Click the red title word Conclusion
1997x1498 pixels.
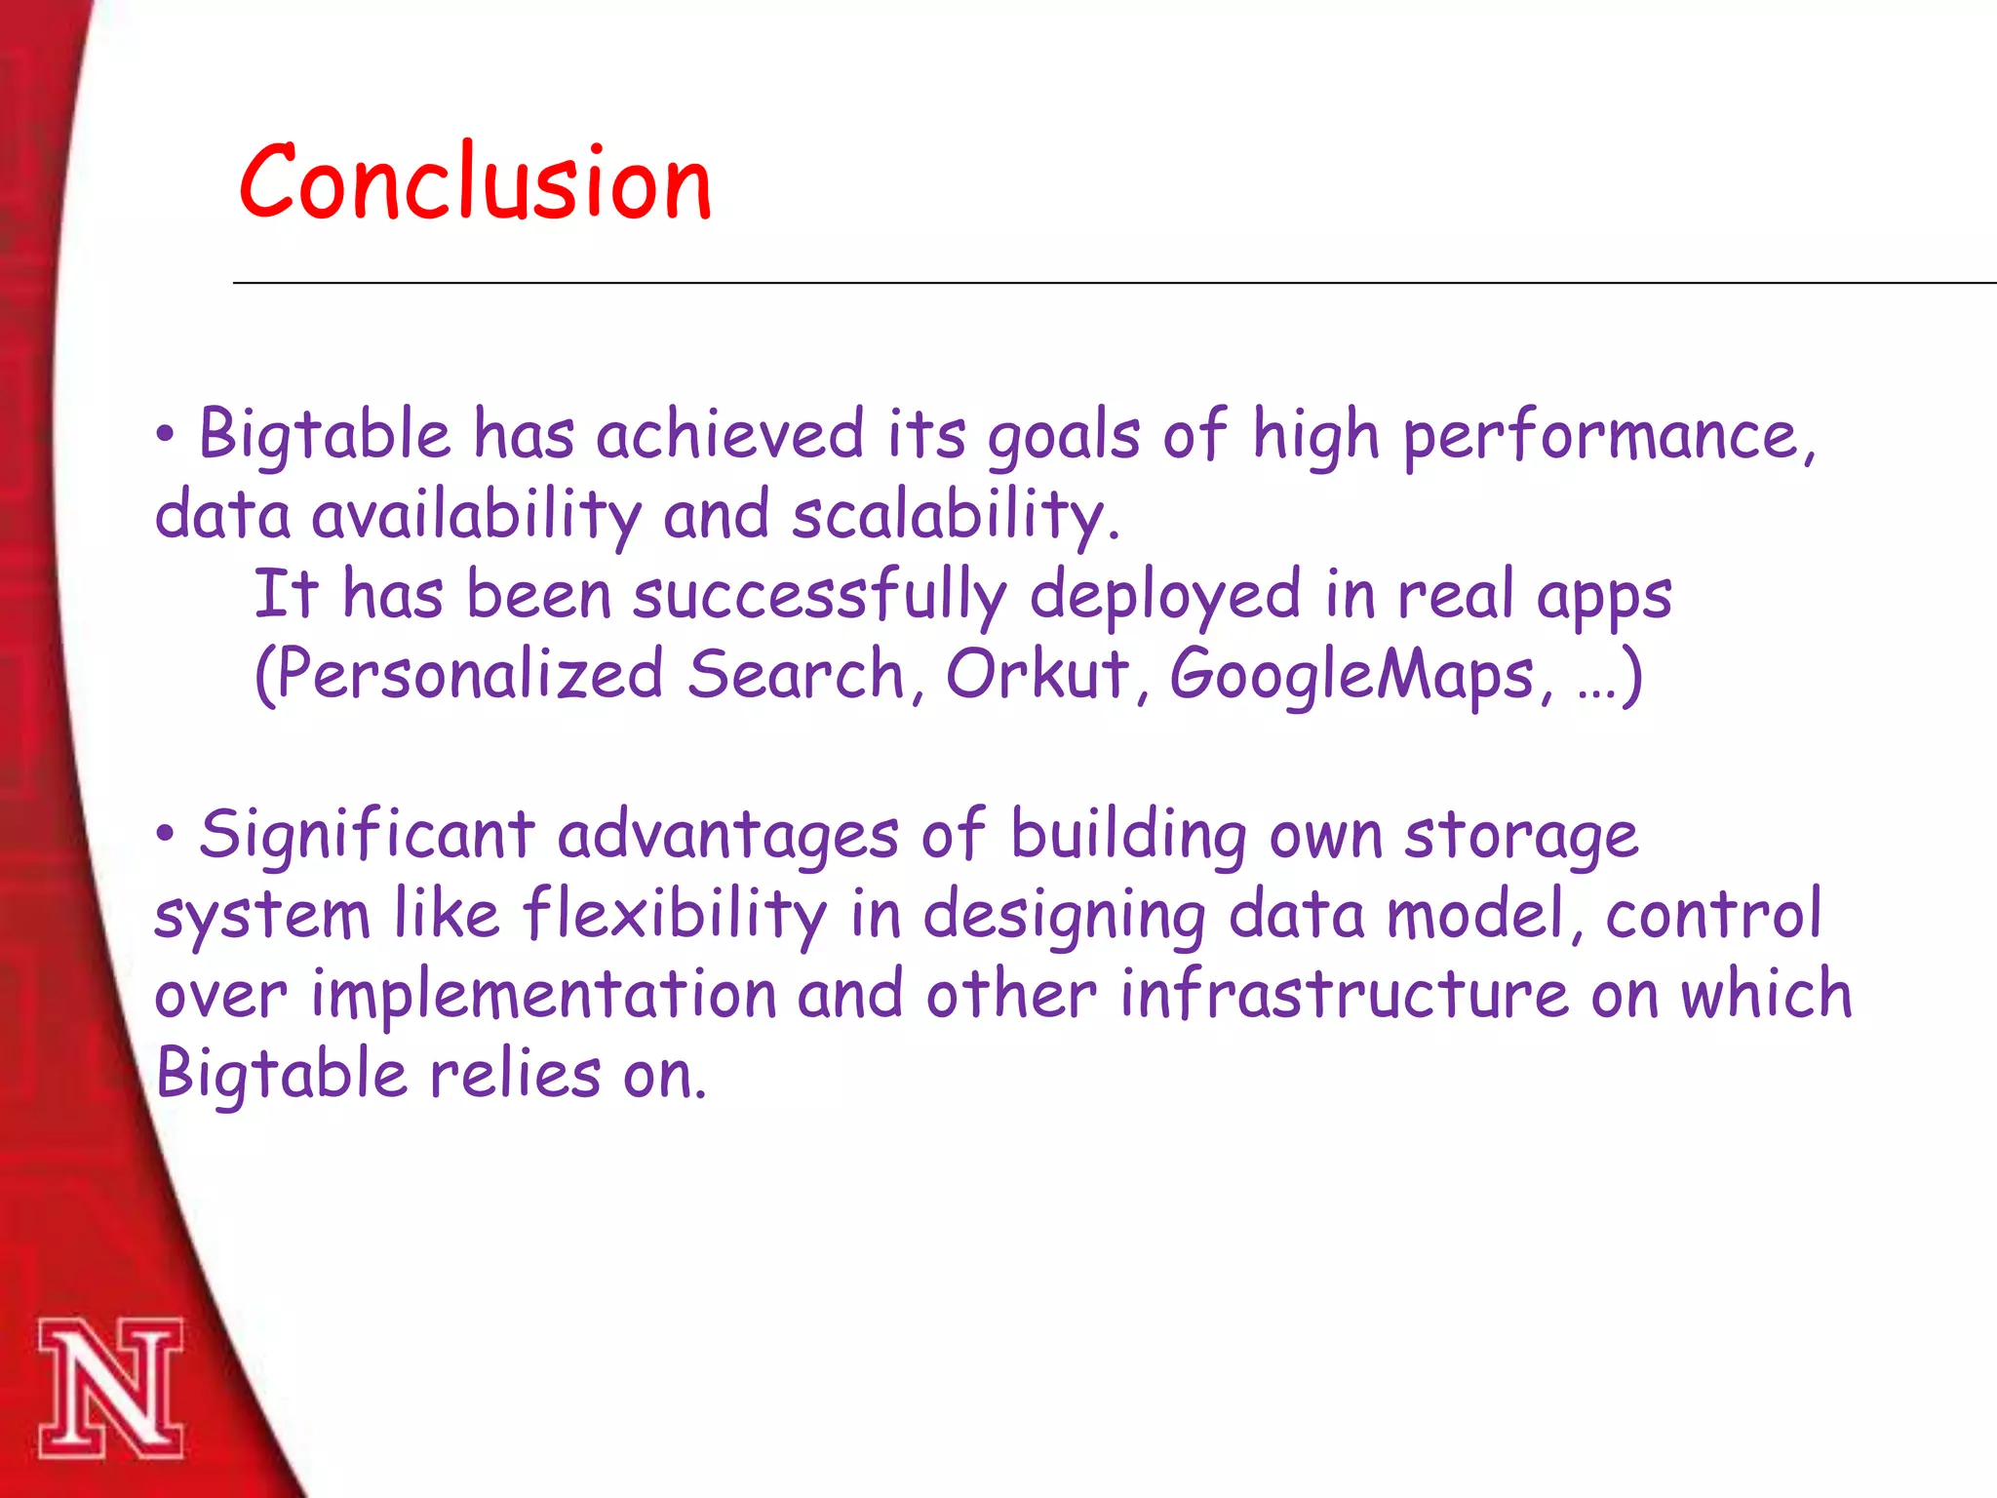[x=475, y=183]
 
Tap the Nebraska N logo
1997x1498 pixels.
[x=110, y=1389]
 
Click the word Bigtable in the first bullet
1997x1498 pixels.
[x=325, y=434]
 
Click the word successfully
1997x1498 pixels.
[x=819, y=596]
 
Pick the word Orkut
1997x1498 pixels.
[x=1037, y=674]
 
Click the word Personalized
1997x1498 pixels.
[x=458, y=676]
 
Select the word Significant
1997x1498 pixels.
[x=367, y=836]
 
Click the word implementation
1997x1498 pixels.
[x=543, y=996]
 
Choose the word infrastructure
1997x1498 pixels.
[x=1344, y=995]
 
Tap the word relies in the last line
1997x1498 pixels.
[x=515, y=1075]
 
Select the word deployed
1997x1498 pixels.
[x=1164, y=596]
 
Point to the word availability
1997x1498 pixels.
[x=476, y=516]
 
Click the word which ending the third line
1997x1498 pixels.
[x=1765, y=995]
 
